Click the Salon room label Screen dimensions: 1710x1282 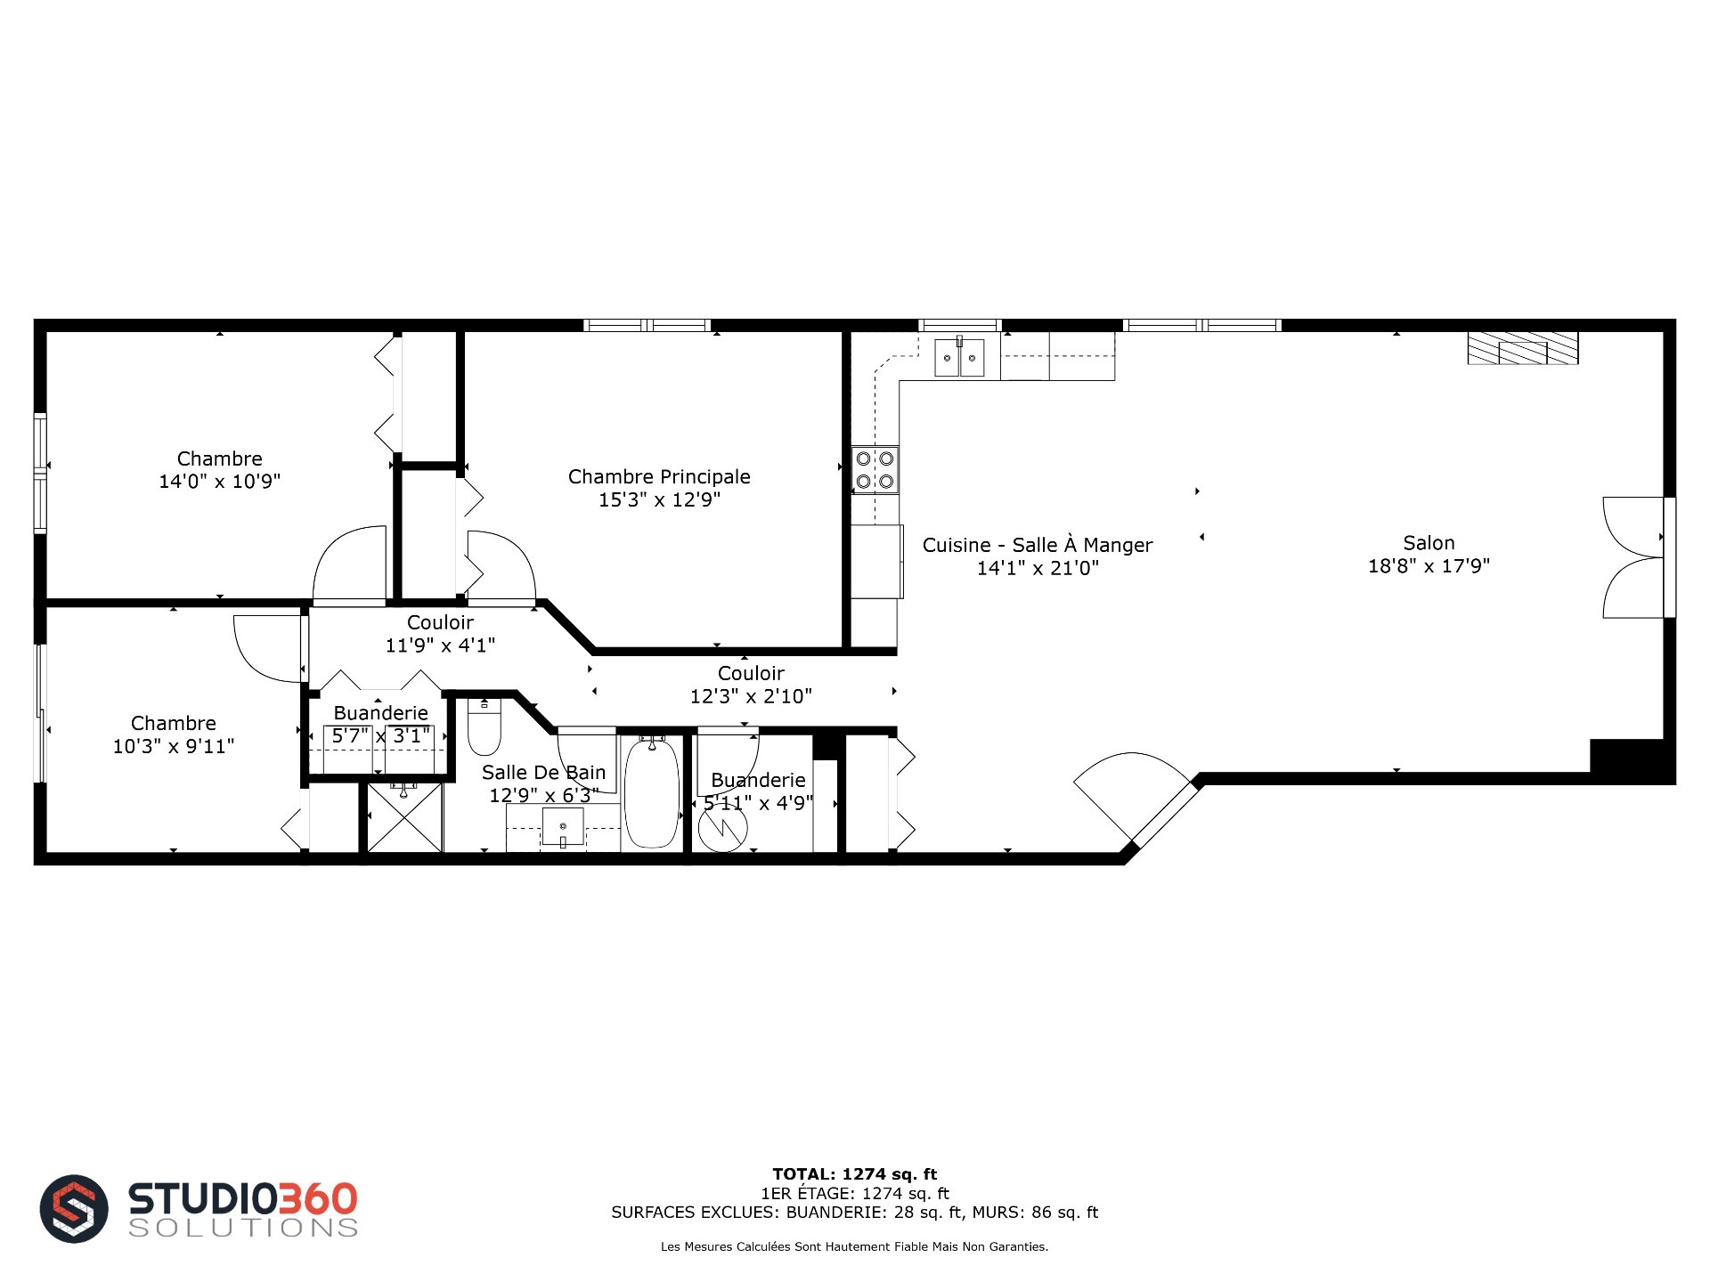1429,543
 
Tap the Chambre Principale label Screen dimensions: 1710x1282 659,477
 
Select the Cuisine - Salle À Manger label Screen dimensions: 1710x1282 1038,545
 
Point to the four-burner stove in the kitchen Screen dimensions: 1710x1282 875,470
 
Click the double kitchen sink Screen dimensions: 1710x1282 959,358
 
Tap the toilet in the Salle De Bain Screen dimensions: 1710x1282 484,726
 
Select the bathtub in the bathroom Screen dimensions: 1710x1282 652,791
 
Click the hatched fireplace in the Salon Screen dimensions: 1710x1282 1523,348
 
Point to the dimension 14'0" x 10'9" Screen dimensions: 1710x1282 220,482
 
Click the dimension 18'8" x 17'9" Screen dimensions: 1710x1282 1429,566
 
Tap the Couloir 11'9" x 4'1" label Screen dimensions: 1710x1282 440,634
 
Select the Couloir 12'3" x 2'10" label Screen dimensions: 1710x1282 751,685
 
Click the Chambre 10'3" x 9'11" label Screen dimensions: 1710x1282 174,734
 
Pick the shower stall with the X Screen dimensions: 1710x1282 405,817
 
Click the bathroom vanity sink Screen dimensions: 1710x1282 563,827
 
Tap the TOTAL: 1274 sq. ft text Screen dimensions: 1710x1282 855,1174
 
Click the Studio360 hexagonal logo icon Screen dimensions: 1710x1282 74,1209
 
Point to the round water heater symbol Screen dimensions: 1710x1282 722,829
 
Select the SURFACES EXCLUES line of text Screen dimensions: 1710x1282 855,1213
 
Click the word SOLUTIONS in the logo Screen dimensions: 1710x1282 243,1228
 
